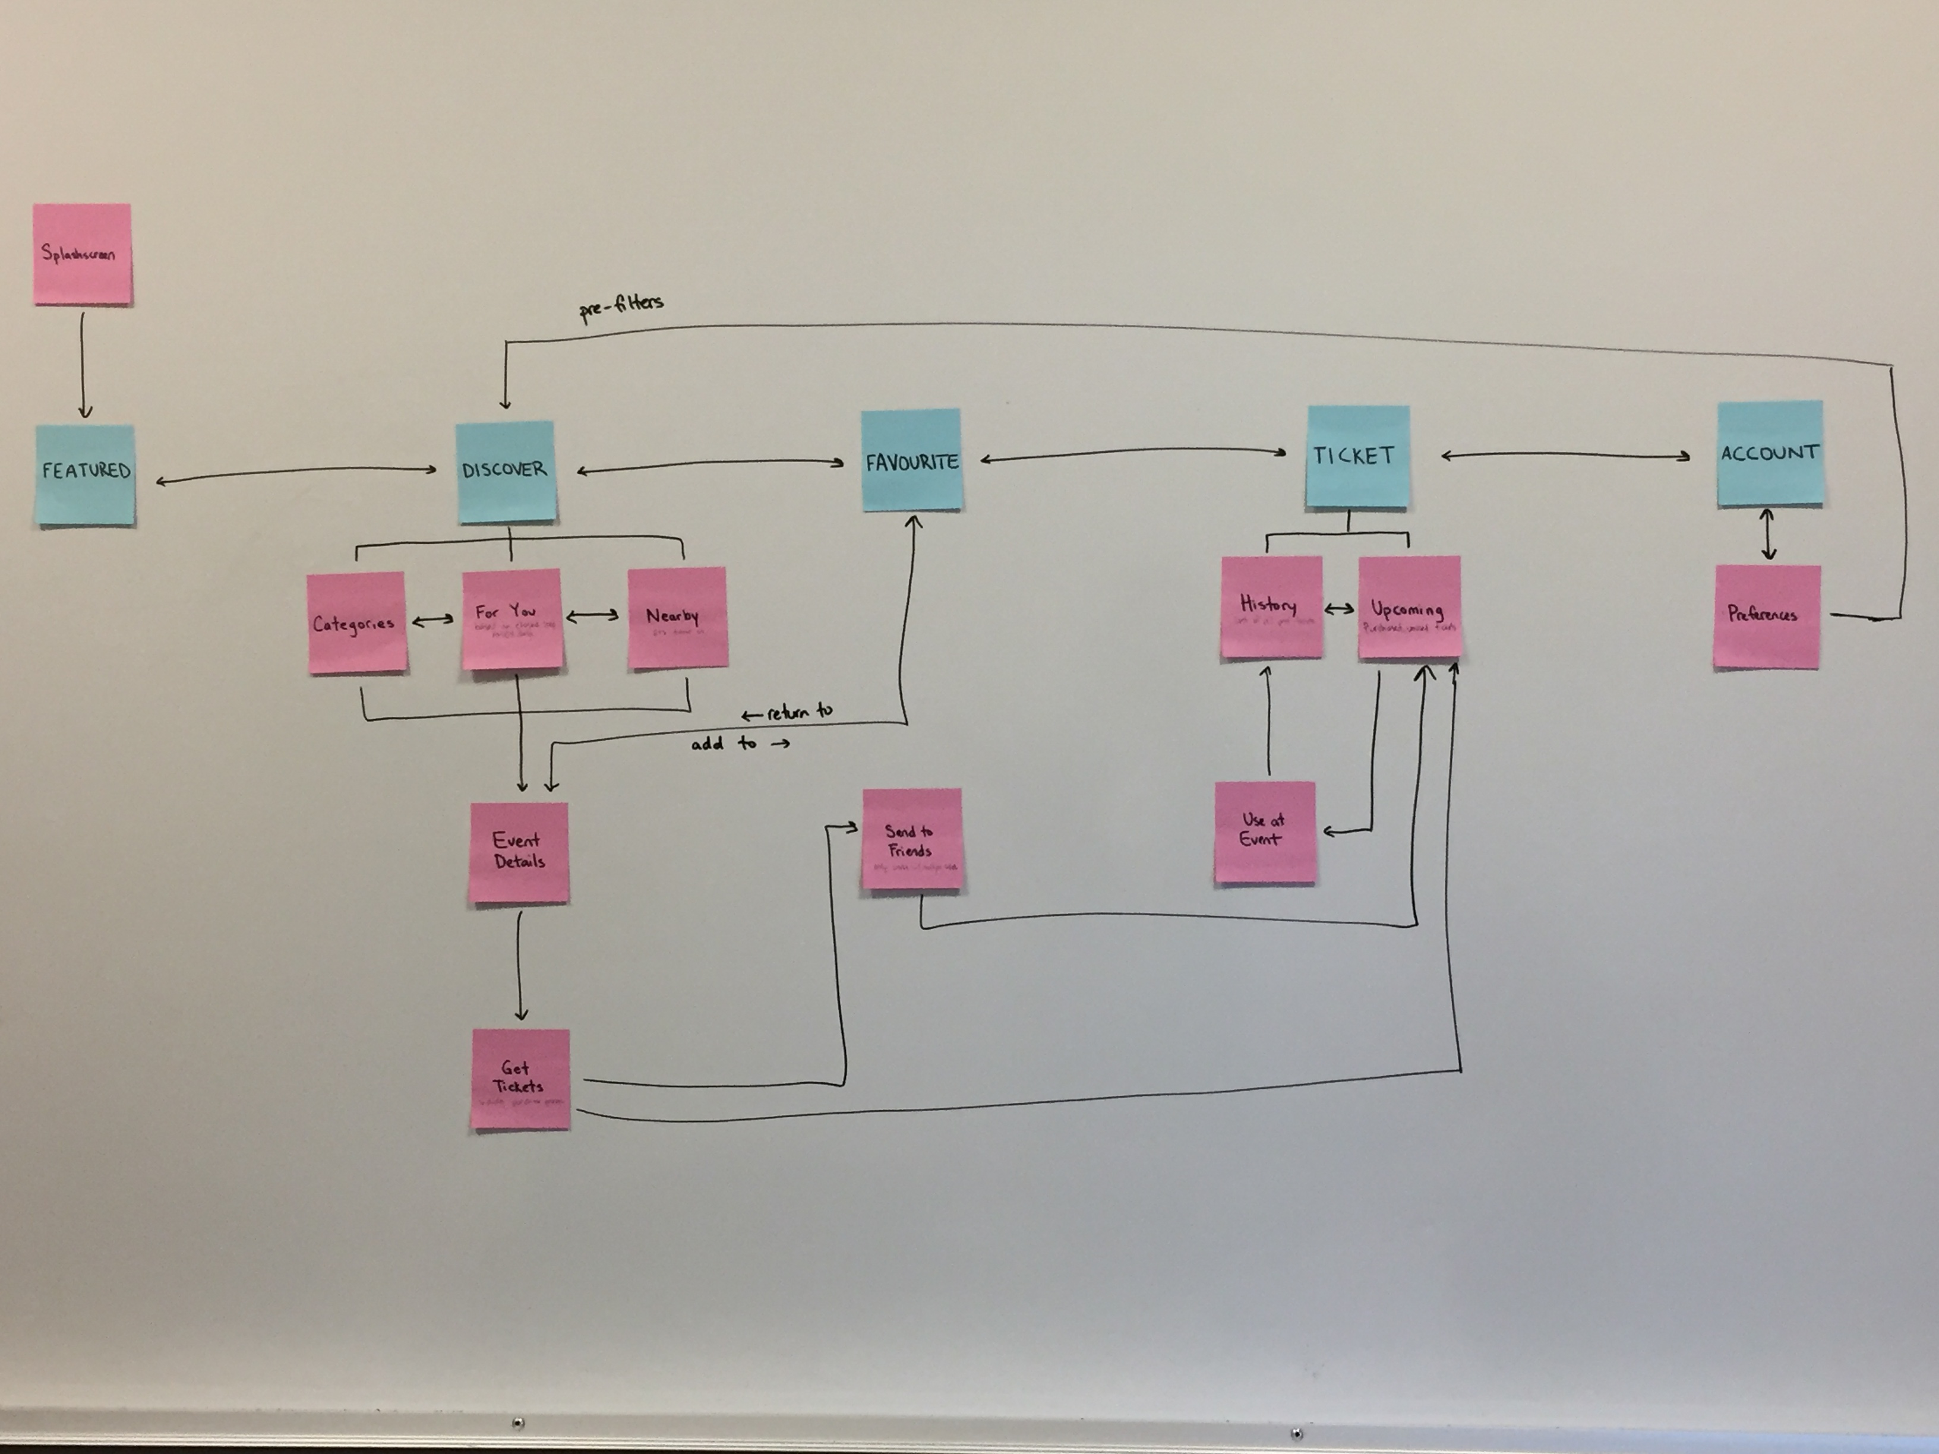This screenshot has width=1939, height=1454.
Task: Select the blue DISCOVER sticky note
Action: [x=506, y=472]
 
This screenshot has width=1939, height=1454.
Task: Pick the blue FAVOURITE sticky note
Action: [x=912, y=460]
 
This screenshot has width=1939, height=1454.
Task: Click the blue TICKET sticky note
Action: [x=1357, y=456]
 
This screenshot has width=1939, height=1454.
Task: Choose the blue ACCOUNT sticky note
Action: [x=1769, y=453]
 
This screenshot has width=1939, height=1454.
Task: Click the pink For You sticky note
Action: [x=511, y=619]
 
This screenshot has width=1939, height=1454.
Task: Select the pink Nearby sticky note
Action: [x=677, y=617]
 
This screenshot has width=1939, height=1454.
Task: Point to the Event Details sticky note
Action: [x=519, y=852]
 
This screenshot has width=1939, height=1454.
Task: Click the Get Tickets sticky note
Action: [x=520, y=1079]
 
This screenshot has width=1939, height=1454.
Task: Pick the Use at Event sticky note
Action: [x=1264, y=832]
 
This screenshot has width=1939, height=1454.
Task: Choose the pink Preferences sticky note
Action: [x=1766, y=616]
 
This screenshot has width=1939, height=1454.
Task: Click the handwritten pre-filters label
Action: [x=621, y=306]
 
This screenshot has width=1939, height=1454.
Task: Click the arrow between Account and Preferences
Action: [x=1768, y=535]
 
